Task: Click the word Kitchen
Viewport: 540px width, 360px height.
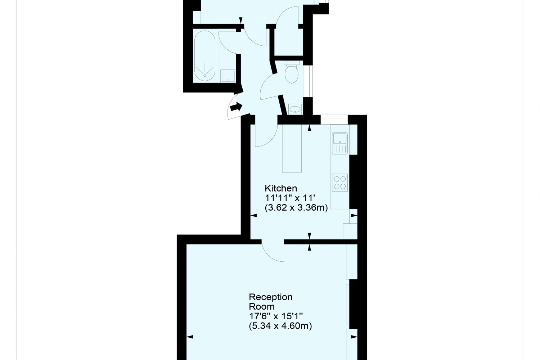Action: [281, 188]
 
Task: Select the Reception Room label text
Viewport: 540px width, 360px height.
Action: [271, 302]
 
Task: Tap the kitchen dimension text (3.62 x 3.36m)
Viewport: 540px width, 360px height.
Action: [296, 208]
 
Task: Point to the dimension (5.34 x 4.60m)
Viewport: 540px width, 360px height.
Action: [280, 326]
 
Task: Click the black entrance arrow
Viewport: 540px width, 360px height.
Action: [236, 107]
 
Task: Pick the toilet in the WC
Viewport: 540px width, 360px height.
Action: [292, 72]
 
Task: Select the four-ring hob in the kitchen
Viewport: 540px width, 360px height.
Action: [340, 183]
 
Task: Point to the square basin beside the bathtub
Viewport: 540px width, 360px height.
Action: [228, 76]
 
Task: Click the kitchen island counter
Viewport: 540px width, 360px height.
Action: [292, 148]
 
